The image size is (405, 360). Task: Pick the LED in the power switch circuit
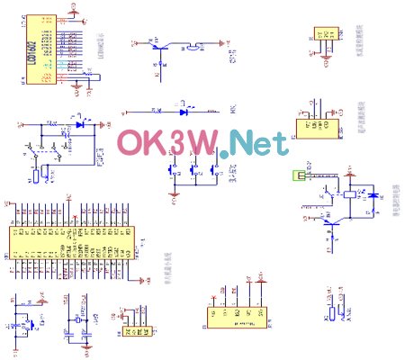[80, 124]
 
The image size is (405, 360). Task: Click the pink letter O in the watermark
[136, 144]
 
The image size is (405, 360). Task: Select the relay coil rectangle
[348, 193]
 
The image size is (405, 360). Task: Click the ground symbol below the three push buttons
[177, 192]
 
